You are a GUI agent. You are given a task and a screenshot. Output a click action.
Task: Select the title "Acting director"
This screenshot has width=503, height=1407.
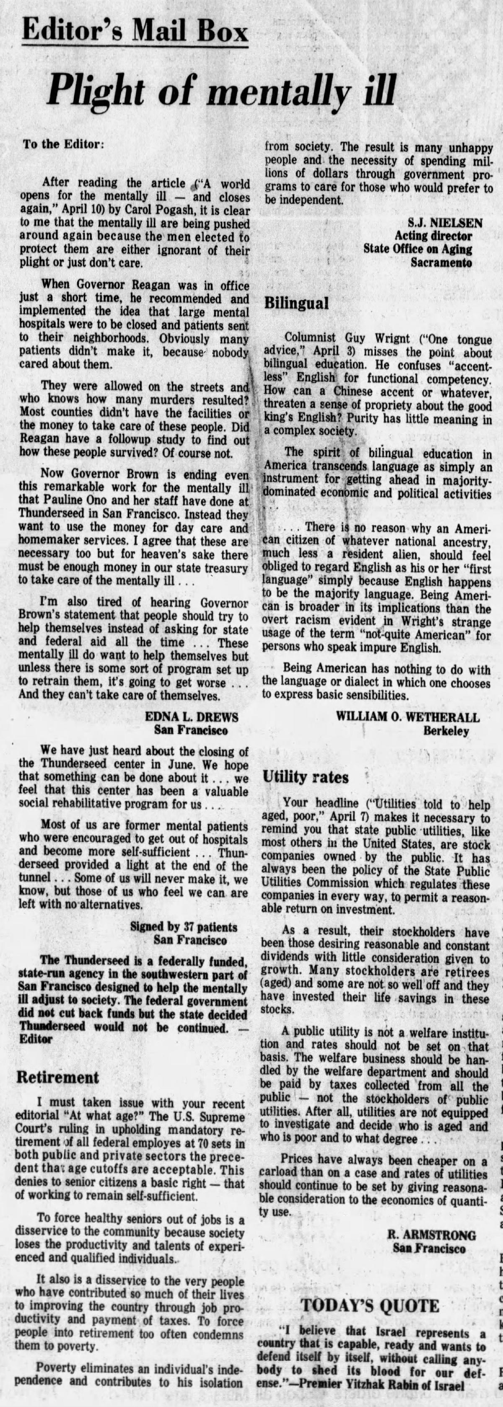click(434, 236)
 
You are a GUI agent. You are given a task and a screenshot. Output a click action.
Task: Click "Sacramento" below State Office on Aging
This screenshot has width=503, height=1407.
click(441, 262)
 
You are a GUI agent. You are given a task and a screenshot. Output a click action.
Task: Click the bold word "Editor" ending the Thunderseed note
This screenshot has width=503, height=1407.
click(36, 1039)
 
